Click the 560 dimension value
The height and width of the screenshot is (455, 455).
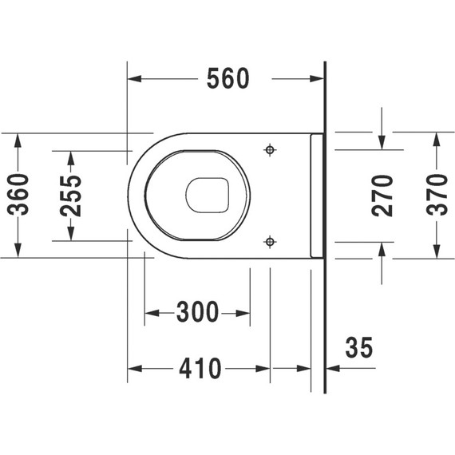click(228, 78)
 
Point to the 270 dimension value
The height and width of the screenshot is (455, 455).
click(384, 195)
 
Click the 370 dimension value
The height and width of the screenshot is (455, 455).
click(436, 195)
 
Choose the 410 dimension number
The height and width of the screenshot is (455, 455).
click(199, 369)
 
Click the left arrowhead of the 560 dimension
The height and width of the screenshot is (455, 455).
click(135, 78)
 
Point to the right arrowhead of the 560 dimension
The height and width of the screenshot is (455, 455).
click(319, 78)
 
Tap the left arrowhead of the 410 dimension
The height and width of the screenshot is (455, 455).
click(135, 369)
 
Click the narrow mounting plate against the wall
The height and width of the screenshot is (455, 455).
click(316, 195)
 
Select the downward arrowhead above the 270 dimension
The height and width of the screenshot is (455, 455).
click(384, 143)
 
